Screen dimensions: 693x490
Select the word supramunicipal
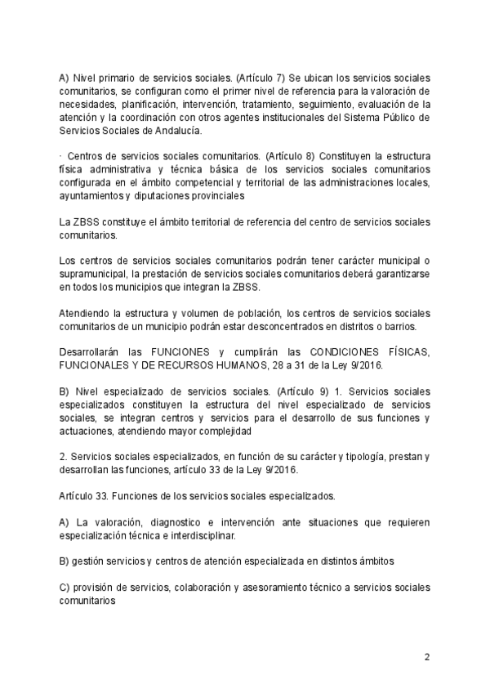[x=93, y=274]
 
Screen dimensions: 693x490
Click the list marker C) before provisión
[x=65, y=588]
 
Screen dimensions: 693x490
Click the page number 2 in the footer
[x=426, y=656]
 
